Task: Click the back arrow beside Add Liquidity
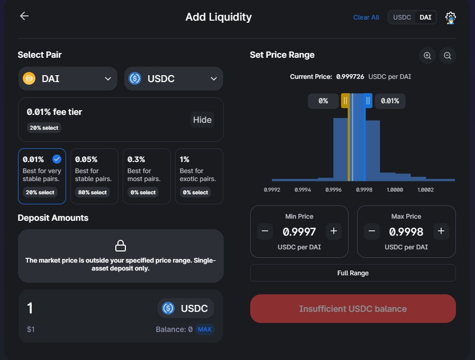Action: pos(24,16)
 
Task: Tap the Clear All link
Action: pos(366,17)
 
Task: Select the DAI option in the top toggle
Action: pos(425,17)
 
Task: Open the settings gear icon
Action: pos(451,18)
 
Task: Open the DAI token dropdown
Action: pos(68,78)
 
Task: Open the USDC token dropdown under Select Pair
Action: pos(173,78)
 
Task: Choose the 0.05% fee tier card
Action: pos(94,176)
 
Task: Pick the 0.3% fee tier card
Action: pos(147,176)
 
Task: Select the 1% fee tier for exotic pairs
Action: pos(199,176)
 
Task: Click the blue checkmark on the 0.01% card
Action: pos(57,159)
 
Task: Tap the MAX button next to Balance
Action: pos(205,329)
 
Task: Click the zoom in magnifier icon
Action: pos(427,56)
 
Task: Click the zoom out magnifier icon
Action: pos(447,56)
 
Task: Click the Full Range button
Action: pos(353,273)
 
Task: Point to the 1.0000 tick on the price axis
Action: pos(395,190)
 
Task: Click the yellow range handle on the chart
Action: pos(345,101)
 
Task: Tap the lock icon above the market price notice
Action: pos(121,246)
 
